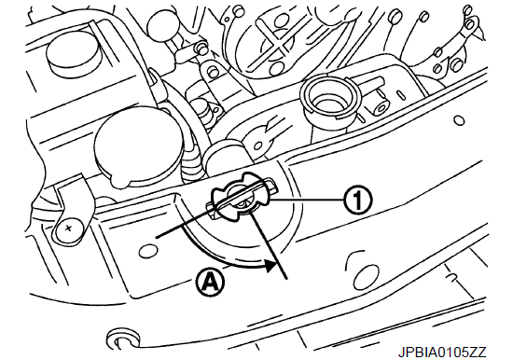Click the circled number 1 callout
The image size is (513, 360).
click(357, 200)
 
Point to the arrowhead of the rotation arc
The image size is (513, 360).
click(270, 266)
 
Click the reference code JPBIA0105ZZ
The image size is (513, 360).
click(442, 353)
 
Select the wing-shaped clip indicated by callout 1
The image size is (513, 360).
click(242, 199)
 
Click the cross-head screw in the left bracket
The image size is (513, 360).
click(68, 228)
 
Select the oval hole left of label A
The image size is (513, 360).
click(146, 252)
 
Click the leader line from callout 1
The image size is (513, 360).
click(306, 200)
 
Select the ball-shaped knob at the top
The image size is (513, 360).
click(162, 28)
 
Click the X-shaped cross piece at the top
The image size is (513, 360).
click(276, 42)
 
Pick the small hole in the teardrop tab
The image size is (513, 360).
click(260, 145)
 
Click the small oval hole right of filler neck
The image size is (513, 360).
click(460, 120)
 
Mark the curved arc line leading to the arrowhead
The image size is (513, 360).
click(220, 255)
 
